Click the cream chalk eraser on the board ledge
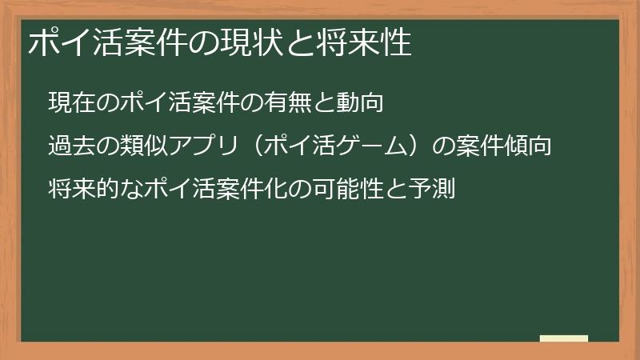(x=564, y=338)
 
